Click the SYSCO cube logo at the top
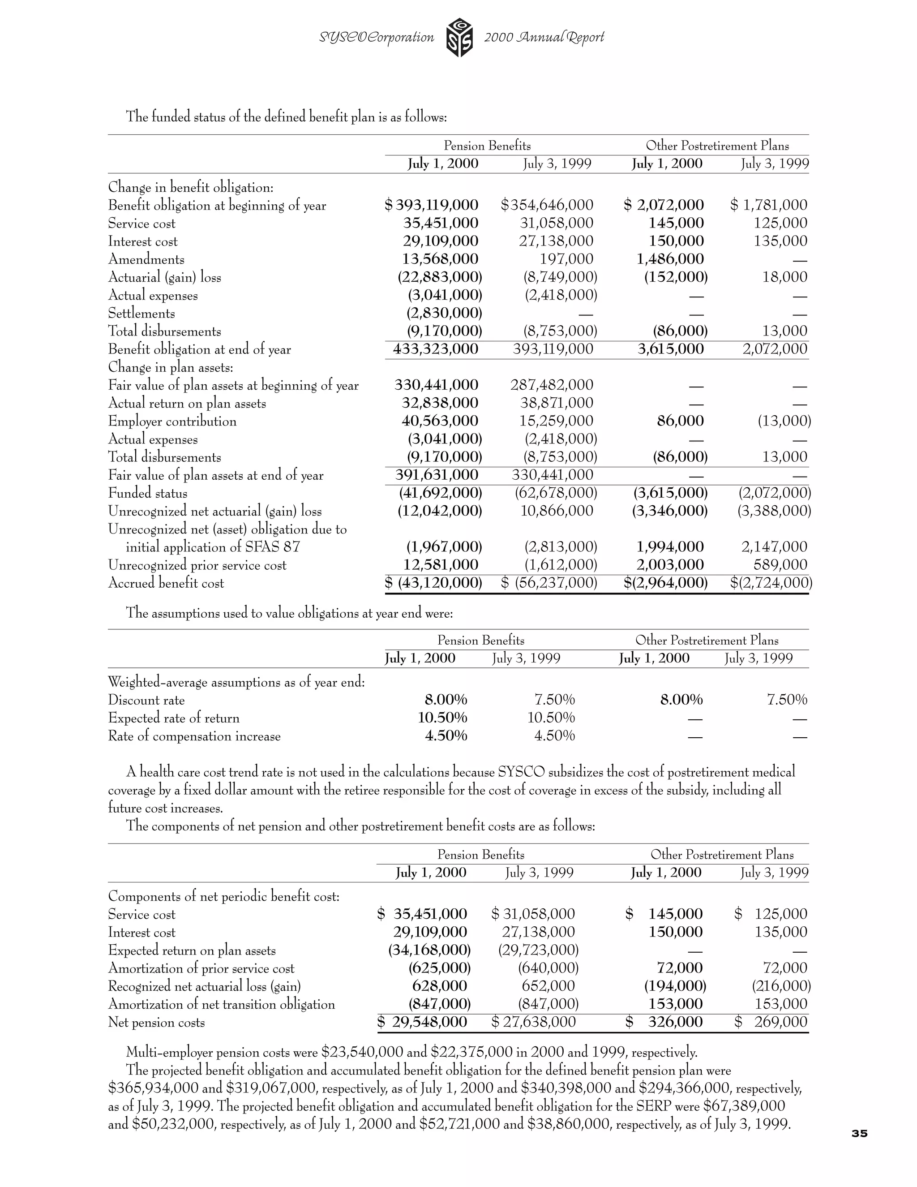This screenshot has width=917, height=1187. (x=459, y=38)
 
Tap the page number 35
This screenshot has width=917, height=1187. (x=859, y=1133)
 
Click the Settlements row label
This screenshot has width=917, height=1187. (x=141, y=314)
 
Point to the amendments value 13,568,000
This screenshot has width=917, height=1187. (x=440, y=259)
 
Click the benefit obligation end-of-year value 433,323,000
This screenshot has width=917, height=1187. (x=436, y=349)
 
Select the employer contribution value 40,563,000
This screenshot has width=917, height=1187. (x=440, y=421)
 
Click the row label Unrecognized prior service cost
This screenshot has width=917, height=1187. (x=197, y=565)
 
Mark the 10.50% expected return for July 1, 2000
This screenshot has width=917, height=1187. (x=442, y=718)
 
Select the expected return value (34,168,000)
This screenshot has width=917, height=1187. (x=429, y=950)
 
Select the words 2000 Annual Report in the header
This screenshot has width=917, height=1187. (x=544, y=37)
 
